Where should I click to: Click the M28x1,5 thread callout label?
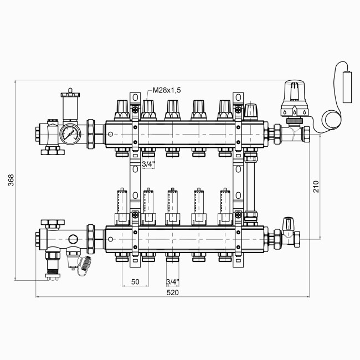(166, 90)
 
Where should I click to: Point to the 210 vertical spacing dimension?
(316, 187)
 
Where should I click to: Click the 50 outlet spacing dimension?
(135, 281)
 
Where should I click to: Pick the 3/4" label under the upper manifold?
(148, 164)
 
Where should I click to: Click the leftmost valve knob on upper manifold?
(122, 109)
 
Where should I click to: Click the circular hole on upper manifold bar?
(110, 133)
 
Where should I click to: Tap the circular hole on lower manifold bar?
(110, 239)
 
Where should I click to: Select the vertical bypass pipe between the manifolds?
(250, 183)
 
